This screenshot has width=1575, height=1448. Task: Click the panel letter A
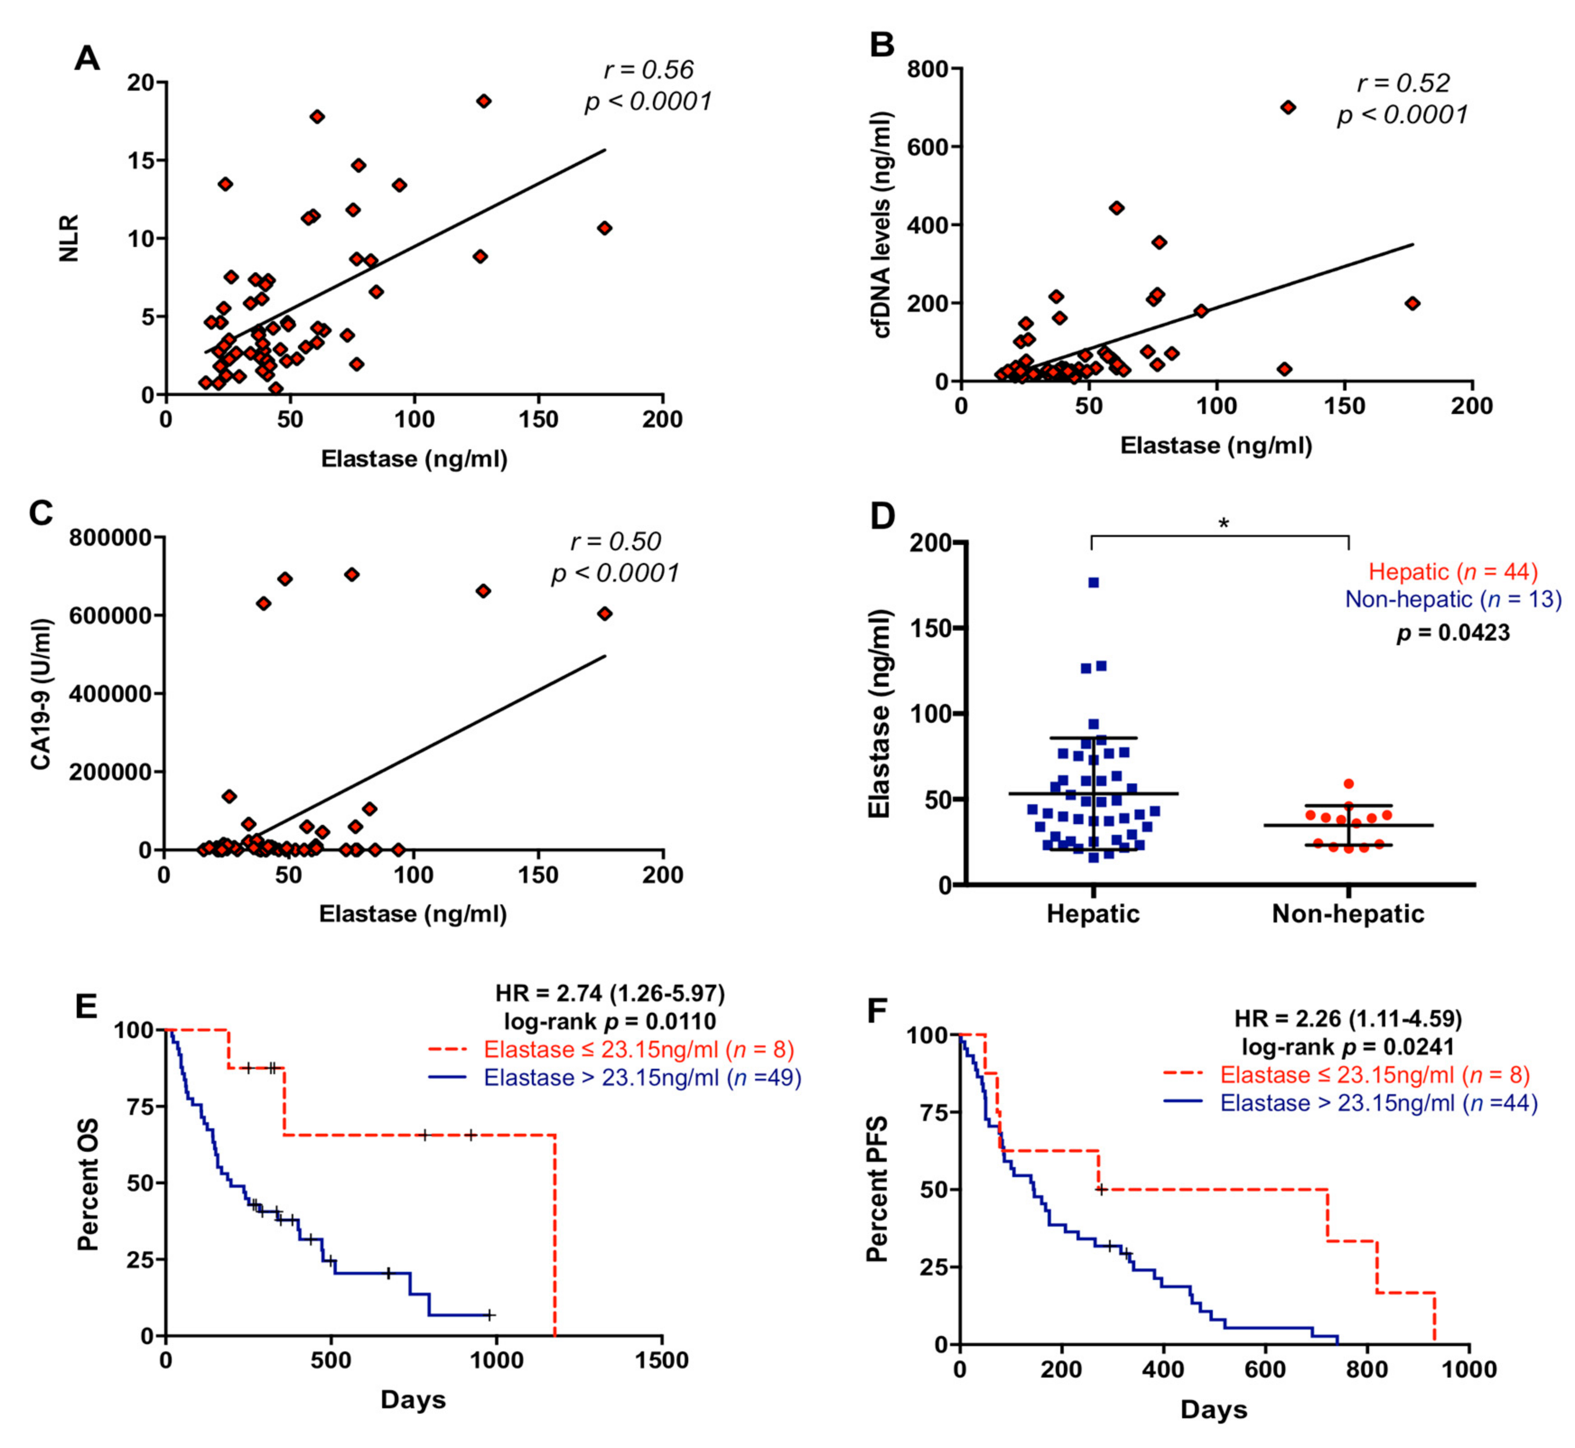87,59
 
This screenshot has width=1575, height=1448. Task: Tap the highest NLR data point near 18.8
484,101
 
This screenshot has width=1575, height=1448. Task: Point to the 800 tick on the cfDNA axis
928,69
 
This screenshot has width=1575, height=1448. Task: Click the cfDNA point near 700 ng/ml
1287,107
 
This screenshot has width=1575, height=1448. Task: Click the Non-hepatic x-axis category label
1348,913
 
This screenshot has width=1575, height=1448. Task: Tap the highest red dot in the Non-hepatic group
1348,783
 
